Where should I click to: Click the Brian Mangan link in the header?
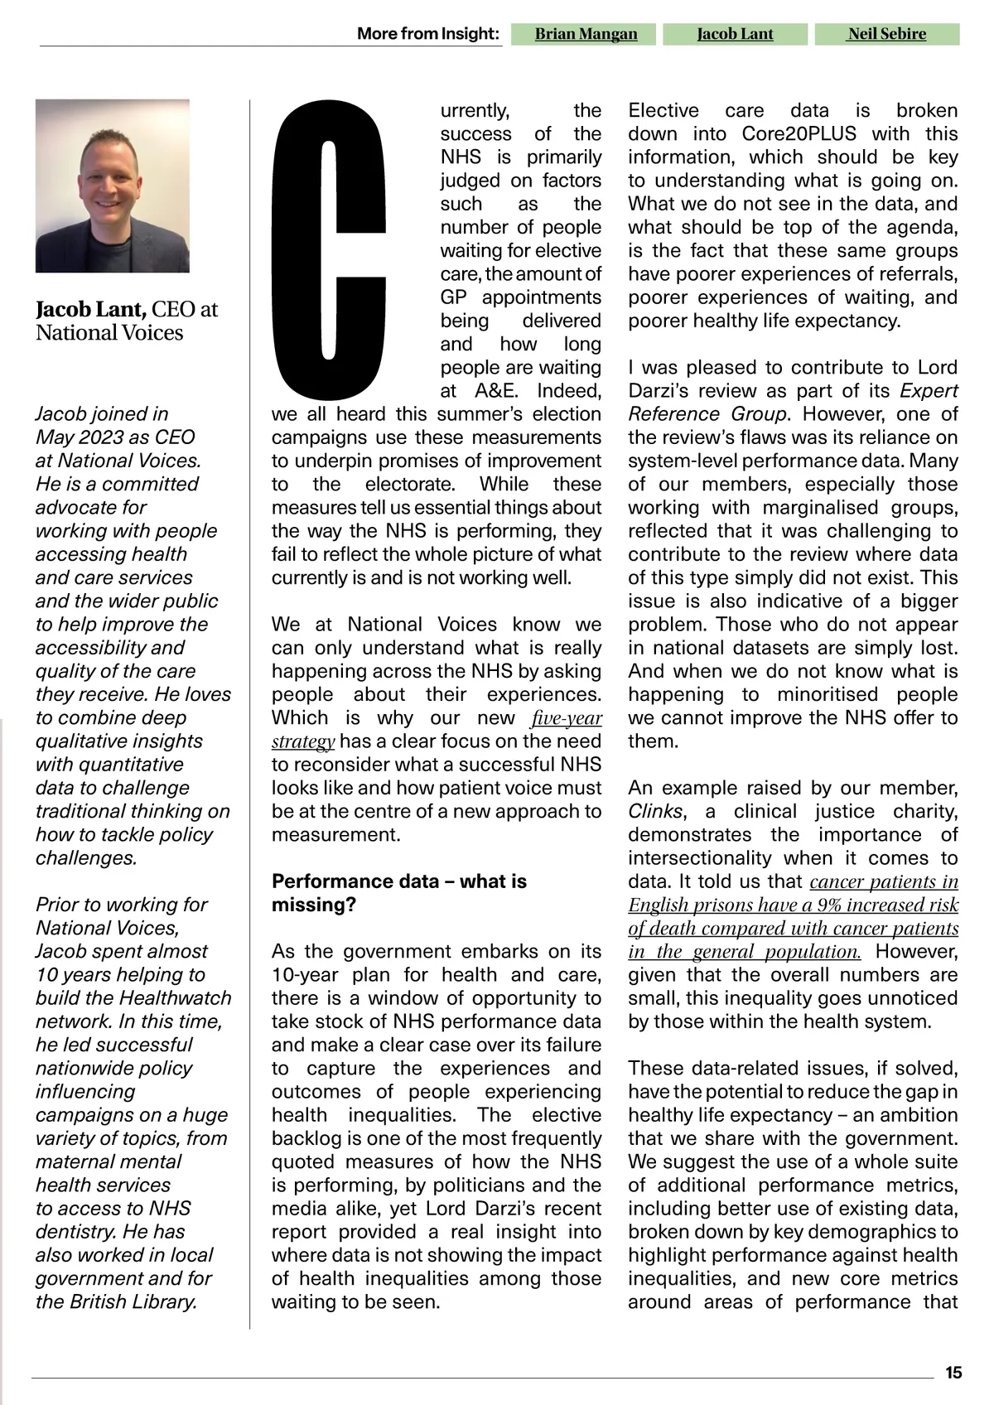click(586, 34)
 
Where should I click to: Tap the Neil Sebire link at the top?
click(886, 34)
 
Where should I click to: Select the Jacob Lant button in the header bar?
click(735, 34)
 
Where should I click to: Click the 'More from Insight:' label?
click(428, 34)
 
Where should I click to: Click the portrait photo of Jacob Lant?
click(113, 186)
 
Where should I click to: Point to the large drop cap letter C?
click(330, 249)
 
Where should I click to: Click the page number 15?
click(953, 1373)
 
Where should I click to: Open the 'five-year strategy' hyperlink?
click(567, 718)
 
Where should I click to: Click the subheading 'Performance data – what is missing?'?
click(398, 892)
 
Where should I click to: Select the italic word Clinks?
click(655, 812)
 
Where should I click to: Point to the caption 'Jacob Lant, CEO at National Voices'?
click(126, 321)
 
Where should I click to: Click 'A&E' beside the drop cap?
click(496, 391)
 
